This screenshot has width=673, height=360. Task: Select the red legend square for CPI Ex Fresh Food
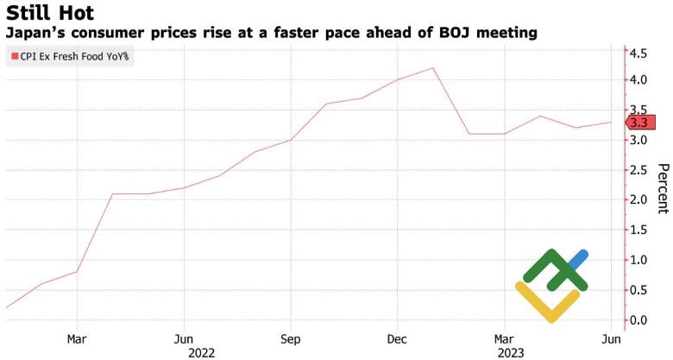pos(13,58)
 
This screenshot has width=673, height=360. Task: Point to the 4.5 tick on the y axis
pos(638,54)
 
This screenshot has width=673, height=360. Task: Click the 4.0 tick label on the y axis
pos(638,79)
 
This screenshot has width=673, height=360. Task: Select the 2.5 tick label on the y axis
pos(638,170)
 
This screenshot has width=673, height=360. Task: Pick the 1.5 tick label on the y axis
pos(638,230)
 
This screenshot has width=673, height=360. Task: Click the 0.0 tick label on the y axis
pos(638,320)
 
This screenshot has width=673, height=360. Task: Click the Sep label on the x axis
pos(291,338)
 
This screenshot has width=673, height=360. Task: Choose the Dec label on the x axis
pos(397,338)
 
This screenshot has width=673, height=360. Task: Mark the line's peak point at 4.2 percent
pos(432,68)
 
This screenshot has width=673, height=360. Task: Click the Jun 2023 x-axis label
pos(610,338)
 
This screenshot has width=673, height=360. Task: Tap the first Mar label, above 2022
pos(77,338)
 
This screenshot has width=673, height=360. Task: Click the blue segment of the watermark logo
pos(576,259)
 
